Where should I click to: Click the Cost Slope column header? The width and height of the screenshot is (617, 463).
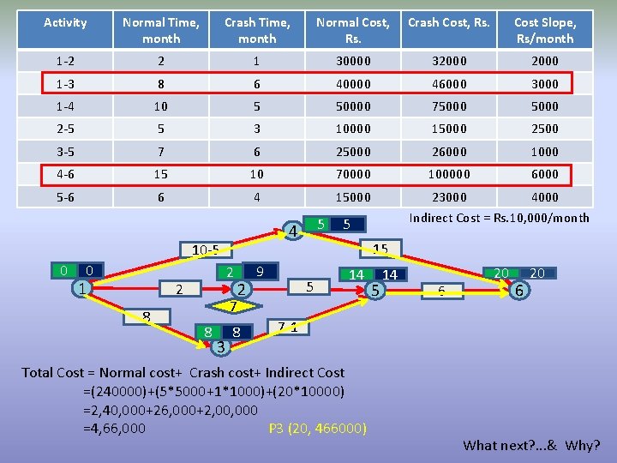[x=545, y=30]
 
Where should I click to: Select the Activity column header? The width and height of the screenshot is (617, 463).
[x=65, y=22]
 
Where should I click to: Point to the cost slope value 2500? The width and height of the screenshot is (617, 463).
[x=545, y=129]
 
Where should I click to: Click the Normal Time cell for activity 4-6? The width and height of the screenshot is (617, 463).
[x=161, y=174]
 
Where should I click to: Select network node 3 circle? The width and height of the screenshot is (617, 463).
[x=220, y=346]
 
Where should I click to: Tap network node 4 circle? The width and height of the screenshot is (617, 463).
[x=293, y=231]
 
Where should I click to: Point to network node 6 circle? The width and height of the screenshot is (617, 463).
[x=518, y=291]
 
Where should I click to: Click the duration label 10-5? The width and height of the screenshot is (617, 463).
[x=205, y=250]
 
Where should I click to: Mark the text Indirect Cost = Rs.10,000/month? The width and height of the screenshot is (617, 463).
[x=499, y=218]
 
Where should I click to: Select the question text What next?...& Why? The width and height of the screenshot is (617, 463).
[x=531, y=445]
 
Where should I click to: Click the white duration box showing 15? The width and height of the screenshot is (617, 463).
[x=380, y=250]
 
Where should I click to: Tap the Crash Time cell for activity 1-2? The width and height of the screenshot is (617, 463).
[x=257, y=61]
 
